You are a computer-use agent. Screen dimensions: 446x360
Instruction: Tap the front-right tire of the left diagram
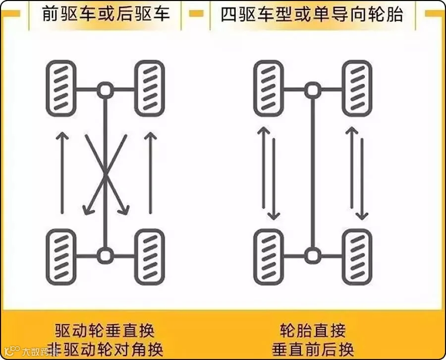tap(149, 88)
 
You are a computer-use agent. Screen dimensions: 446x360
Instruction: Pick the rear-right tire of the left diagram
tap(149, 257)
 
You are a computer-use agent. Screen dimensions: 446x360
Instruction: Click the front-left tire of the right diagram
tap(268, 88)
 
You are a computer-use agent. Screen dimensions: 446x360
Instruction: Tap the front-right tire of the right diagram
tap(357, 88)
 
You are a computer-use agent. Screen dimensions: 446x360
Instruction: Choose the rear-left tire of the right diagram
tap(268, 257)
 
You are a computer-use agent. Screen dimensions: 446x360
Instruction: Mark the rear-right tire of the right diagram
tap(357, 257)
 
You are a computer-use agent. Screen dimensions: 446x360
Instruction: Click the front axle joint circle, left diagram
tap(105, 90)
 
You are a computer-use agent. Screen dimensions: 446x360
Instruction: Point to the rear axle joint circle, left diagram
tap(105, 256)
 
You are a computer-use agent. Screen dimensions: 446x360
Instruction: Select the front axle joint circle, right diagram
tap(312, 90)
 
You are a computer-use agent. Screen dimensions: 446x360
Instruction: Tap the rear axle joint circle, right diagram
tap(312, 256)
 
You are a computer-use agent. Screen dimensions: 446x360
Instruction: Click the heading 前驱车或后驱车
tap(106, 13)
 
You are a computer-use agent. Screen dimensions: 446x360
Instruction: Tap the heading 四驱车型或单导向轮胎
tap(312, 13)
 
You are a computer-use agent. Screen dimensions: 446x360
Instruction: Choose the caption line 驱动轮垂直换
tap(105, 330)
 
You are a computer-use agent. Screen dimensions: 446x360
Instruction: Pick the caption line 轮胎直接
tap(313, 330)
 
